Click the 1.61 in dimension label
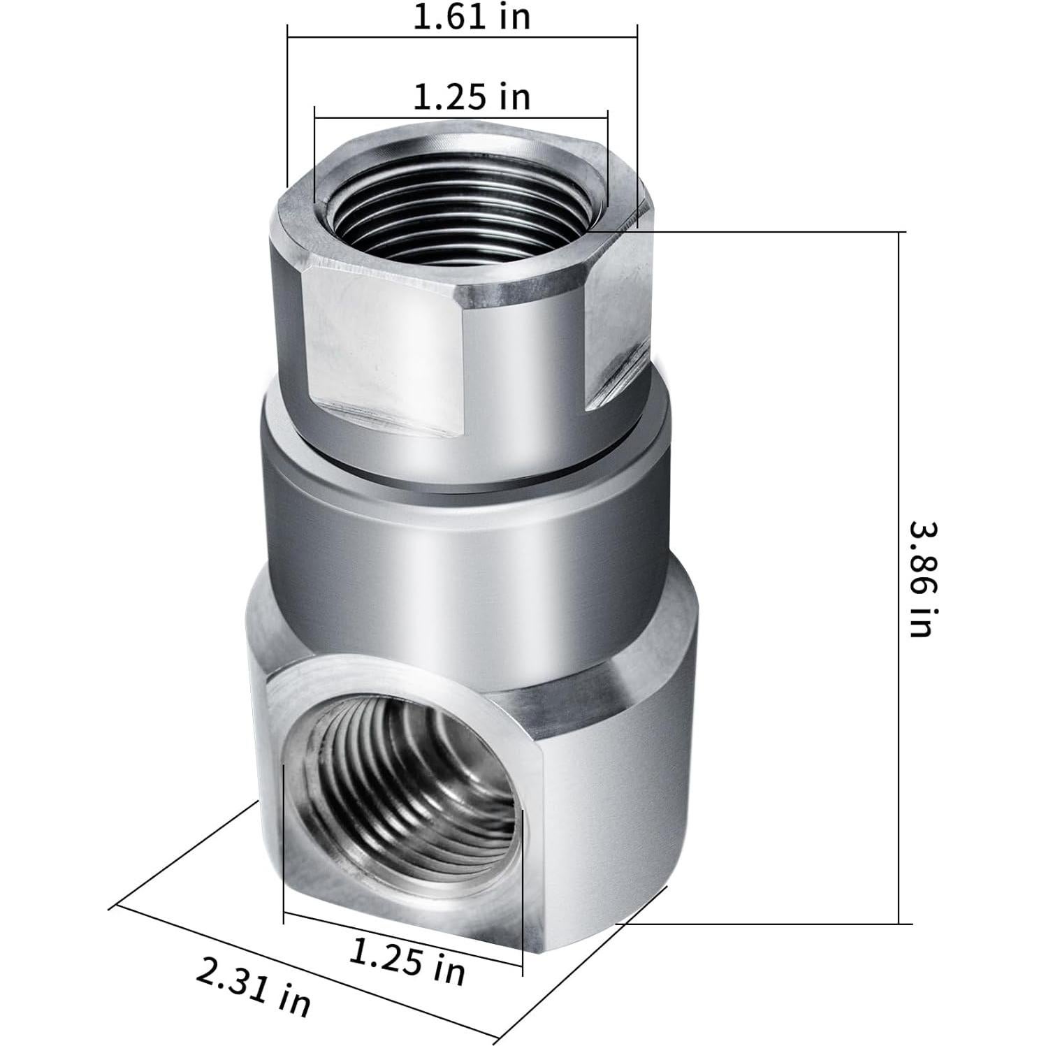[472, 17]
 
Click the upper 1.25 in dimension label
[472, 96]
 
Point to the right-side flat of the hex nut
[618, 328]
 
